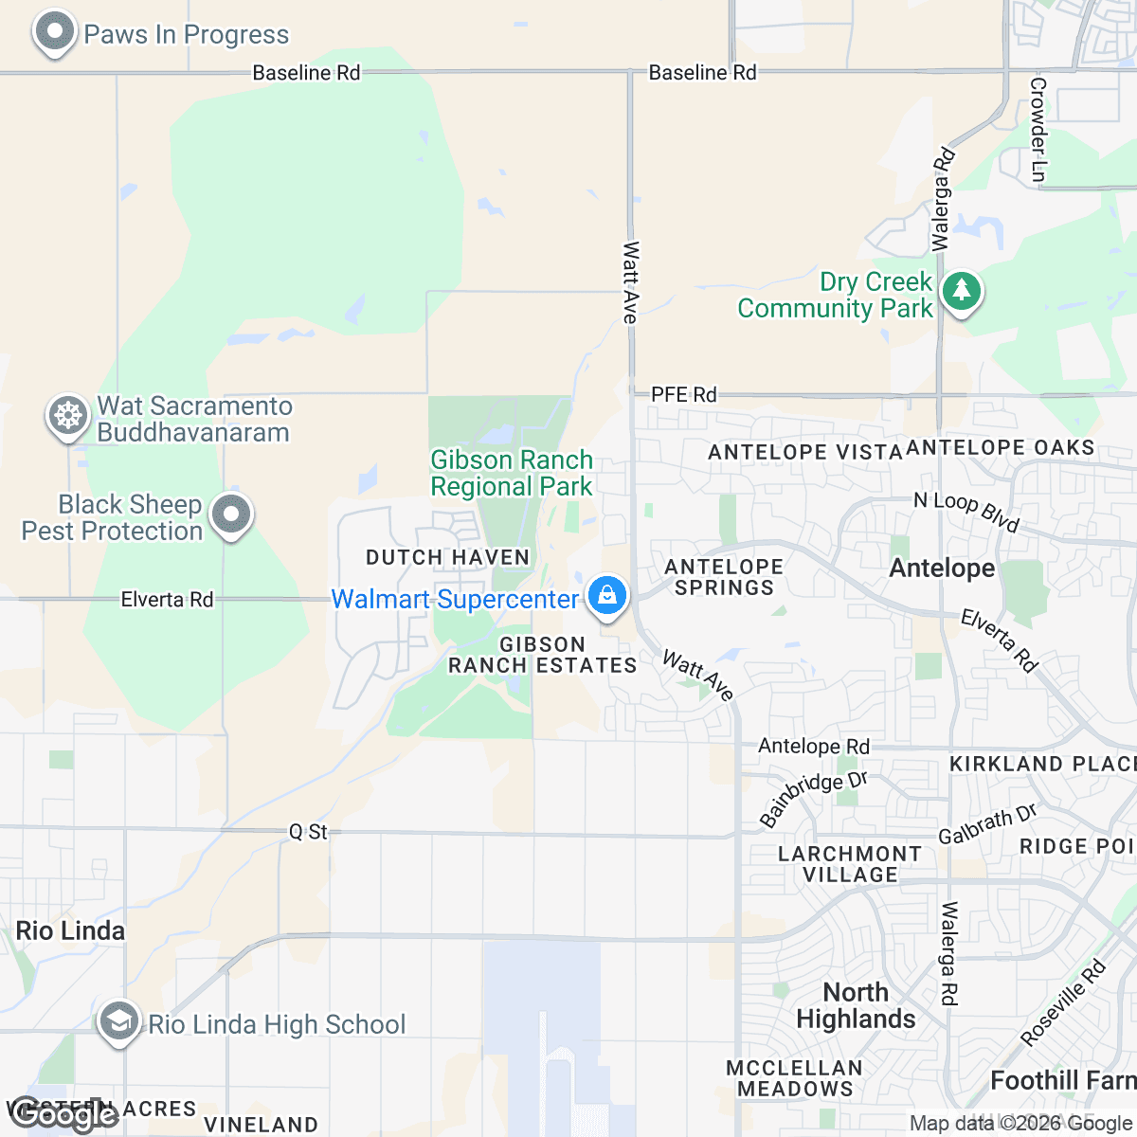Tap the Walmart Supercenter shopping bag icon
[x=606, y=596]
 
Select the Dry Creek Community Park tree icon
[x=962, y=291]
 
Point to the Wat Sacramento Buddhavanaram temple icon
[x=68, y=416]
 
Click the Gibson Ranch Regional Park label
[x=512, y=473]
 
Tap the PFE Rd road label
[x=683, y=394]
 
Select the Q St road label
[x=308, y=832]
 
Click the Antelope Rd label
[x=813, y=747]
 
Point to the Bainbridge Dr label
[x=813, y=798]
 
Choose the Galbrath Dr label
[x=987, y=823]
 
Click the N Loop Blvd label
[x=966, y=511]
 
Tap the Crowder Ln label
[x=1038, y=130]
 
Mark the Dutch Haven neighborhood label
[x=447, y=557]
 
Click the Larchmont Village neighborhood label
[x=849, y=864]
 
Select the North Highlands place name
[x=856, y=1005]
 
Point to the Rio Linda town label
[x=70, y=930]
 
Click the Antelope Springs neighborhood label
[x=724, y=577]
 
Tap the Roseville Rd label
[x=1064, y=1003]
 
